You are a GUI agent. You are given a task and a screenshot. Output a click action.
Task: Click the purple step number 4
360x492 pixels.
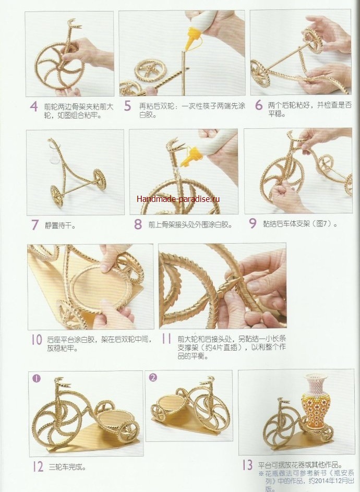tap(34, 106)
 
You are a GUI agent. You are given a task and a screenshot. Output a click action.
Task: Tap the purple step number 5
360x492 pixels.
tap(127, 106)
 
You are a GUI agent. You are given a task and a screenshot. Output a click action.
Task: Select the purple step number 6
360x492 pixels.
tap(259, 105)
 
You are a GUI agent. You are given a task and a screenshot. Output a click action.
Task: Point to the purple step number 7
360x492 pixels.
tap(35, 225)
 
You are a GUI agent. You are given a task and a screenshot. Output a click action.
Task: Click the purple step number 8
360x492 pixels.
tap(138, 224)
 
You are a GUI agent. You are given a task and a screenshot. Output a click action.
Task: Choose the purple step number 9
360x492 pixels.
tap(253, 223)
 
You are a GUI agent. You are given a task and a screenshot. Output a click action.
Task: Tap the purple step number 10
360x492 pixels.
tap(37, 340)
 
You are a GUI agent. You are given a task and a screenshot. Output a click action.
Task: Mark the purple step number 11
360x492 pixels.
tap(166, 339)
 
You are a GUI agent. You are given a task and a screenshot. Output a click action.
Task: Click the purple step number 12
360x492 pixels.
tap(38, 466)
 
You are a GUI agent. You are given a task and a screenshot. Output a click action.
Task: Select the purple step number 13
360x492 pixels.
tap(247, 465)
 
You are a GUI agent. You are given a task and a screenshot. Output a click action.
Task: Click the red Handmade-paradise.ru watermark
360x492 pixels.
tap(178, 199)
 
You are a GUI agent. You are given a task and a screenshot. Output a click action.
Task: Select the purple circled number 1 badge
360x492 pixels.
tap(37, 378)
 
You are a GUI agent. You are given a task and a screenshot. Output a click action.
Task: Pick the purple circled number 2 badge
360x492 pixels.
tap(153, 377)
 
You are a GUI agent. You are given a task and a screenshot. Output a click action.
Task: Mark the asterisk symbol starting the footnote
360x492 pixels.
tap(261, 474)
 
